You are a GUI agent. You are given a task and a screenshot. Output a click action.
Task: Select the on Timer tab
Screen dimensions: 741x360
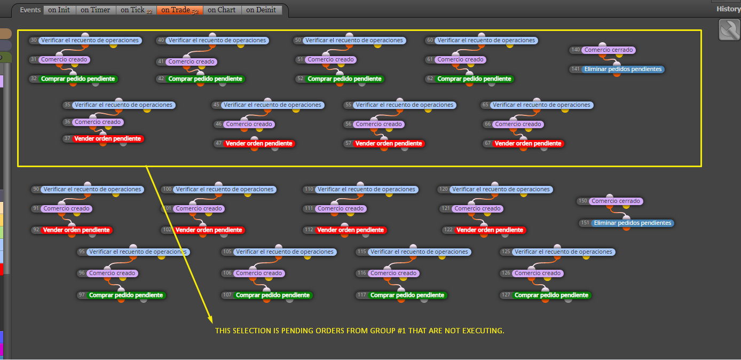pyautogui.click(x=96, y=10)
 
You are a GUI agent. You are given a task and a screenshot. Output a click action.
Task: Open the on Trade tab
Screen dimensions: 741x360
pyautogui.click(x=179, y=10)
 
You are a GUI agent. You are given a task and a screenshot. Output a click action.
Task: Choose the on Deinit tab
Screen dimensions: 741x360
pyautogui.click(x=262, y=10)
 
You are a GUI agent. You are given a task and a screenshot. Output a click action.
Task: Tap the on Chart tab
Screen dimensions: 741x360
pyautogui.click(x=222, y=10)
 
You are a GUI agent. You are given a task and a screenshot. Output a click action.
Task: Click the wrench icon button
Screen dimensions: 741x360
pyautogui.click(x=729, y=30)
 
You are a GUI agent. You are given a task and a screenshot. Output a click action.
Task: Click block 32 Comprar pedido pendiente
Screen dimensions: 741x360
pyautogui.click(x=78, y=79)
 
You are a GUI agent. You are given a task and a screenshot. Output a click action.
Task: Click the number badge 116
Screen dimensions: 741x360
pyautogui.click(x=362, y=273)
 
